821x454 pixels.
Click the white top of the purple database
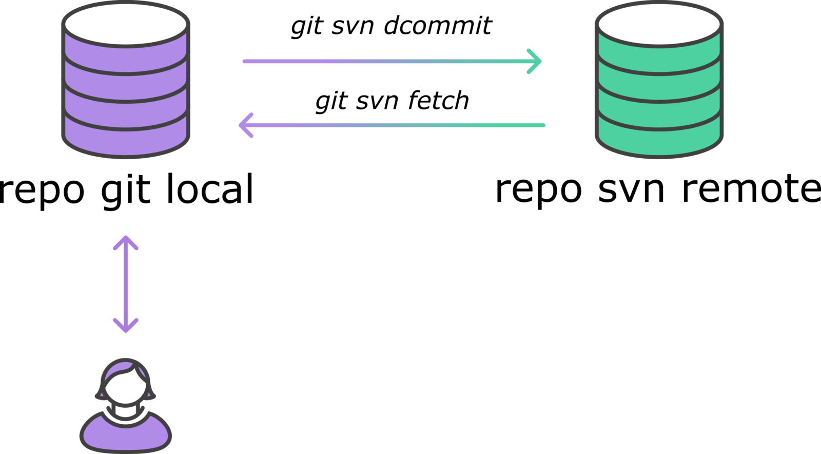tap(126, 23)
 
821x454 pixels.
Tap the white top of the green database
tap(659, 23)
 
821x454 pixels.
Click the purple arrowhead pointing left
tap(243, 125)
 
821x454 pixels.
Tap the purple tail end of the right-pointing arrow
tap(246, 61)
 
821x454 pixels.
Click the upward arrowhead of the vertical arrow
tap(126, 239)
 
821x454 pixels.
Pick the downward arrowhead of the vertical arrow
tap(126, 329)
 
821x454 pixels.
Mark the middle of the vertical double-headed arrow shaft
tap(126, 284)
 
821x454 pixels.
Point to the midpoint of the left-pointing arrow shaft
tap(393, 125)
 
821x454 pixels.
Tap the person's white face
tap(125, 388)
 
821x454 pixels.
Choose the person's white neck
tap(125, 411)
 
